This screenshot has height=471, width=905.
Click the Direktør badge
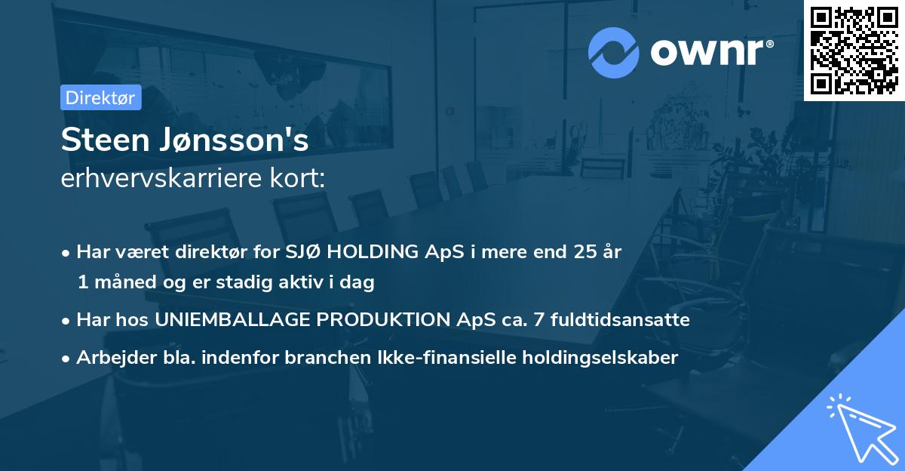[100, 97]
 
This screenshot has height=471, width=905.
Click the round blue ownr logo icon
[613, 52]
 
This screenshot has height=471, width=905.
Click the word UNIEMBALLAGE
[234, 320]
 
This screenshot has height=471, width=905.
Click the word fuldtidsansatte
[615, 320]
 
